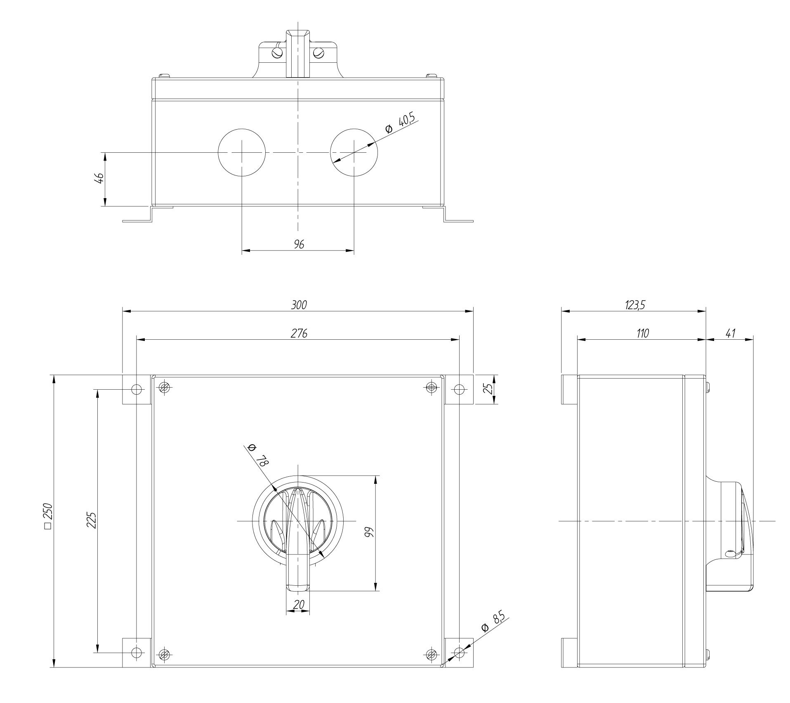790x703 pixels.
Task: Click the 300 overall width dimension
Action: coord(299,305)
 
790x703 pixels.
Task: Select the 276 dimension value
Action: coord(299,333)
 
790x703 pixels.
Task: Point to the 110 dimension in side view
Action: coord(642,333)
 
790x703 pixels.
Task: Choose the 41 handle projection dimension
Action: coord(731,333)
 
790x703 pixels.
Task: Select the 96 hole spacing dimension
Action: coord(299,244)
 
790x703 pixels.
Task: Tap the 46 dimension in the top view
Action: coord(99,178)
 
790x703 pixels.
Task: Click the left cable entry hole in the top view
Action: coord(241,152)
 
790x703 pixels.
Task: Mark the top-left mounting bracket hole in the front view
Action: coord(137,389)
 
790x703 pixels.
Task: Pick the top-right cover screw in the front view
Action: coord(431,387)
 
